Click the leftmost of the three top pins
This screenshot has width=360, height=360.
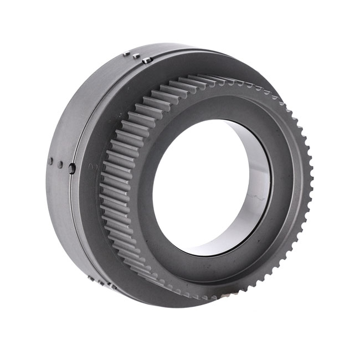click(126, 53)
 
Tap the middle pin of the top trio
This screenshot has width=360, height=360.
click(136, 56)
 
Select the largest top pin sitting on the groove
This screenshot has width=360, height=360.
click(146, 60)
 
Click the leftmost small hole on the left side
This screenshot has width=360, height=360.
click(50, 162)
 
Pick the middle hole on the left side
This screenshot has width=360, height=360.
click(60, 164)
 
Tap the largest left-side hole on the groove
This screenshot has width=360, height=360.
click(72, 168)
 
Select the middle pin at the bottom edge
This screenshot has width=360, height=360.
click(101, 282)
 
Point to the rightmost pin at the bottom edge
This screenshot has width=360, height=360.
click(112, 286)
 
